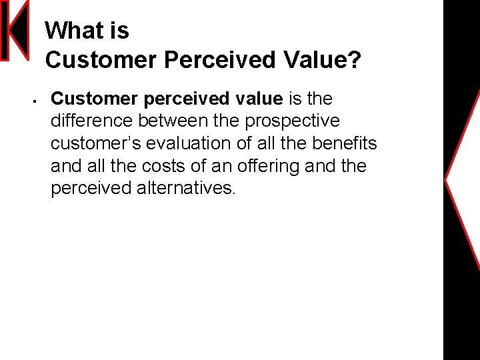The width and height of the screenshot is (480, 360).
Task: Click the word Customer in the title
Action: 101,61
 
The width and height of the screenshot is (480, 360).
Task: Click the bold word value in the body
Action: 259,99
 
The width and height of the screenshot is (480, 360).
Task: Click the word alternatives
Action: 186,188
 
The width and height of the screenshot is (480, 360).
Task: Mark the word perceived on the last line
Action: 91,188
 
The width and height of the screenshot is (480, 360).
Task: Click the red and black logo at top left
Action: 14,31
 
